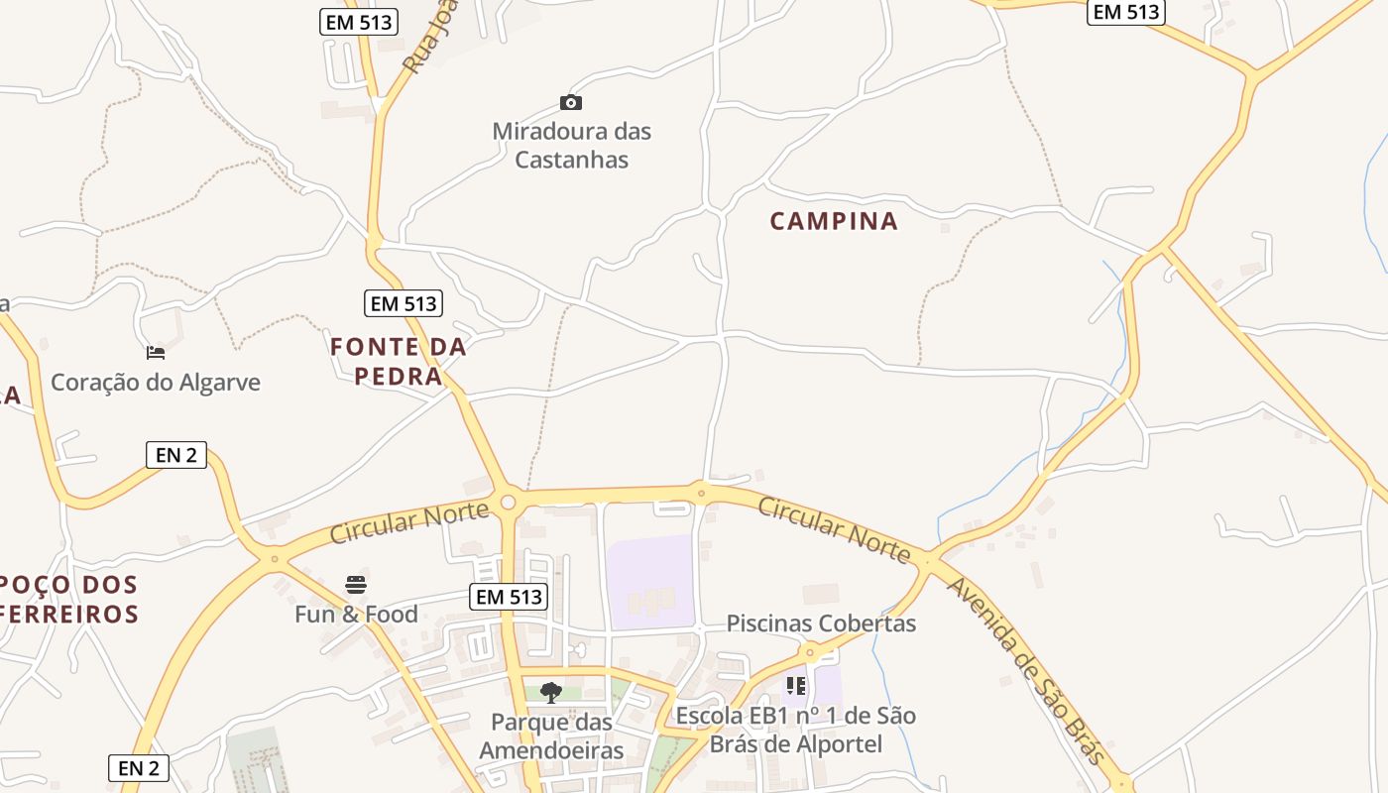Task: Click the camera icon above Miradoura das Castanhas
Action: click(x=571, y=102)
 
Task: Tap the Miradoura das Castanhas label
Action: click(x=572, y=145)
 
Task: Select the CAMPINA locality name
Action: click(x=834, y=221)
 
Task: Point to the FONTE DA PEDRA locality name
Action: click(x=399, y=362)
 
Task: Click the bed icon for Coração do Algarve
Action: click(x=156, y=352)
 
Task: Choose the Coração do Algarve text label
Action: click(x=156, y=382)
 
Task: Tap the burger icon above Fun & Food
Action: click(x=356, y=585)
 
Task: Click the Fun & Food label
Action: click(x=356, y=615)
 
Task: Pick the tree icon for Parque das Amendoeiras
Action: click(x=551, y=692)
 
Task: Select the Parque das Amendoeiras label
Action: click(x=551, y=736)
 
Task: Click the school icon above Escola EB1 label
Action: click(x=796, y=685)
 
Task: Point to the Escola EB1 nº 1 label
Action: click(x=796, y=730)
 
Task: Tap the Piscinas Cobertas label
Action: click(x=821, y=623)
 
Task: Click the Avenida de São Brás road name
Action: click(x=1025, y=671)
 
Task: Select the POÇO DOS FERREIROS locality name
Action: click(x=69, y=599)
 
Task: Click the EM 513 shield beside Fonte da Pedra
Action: click(x=404, y=303)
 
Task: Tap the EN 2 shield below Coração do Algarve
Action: click(x=176, y=455)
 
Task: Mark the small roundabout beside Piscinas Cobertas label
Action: click(x=811, y=651)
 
